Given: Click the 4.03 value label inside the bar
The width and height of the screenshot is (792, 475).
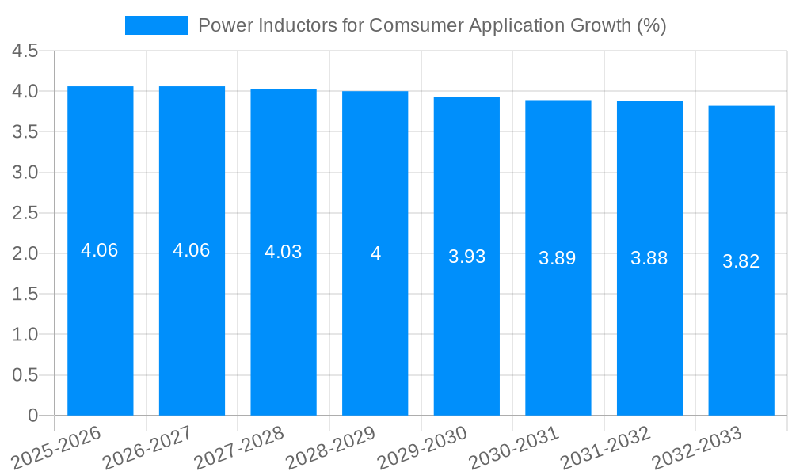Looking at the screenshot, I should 283,252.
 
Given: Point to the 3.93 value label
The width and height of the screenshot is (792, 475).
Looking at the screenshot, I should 466,256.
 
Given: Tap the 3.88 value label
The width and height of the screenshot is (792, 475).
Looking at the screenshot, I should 649,258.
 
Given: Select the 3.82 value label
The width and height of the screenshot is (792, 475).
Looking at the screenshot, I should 741,261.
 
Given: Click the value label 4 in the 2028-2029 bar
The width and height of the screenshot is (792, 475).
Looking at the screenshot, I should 375,253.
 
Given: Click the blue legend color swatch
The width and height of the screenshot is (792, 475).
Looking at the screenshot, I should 156,25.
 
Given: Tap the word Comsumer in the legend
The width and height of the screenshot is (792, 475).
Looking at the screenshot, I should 406,25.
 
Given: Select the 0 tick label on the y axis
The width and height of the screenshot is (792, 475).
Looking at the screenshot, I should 32,416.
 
